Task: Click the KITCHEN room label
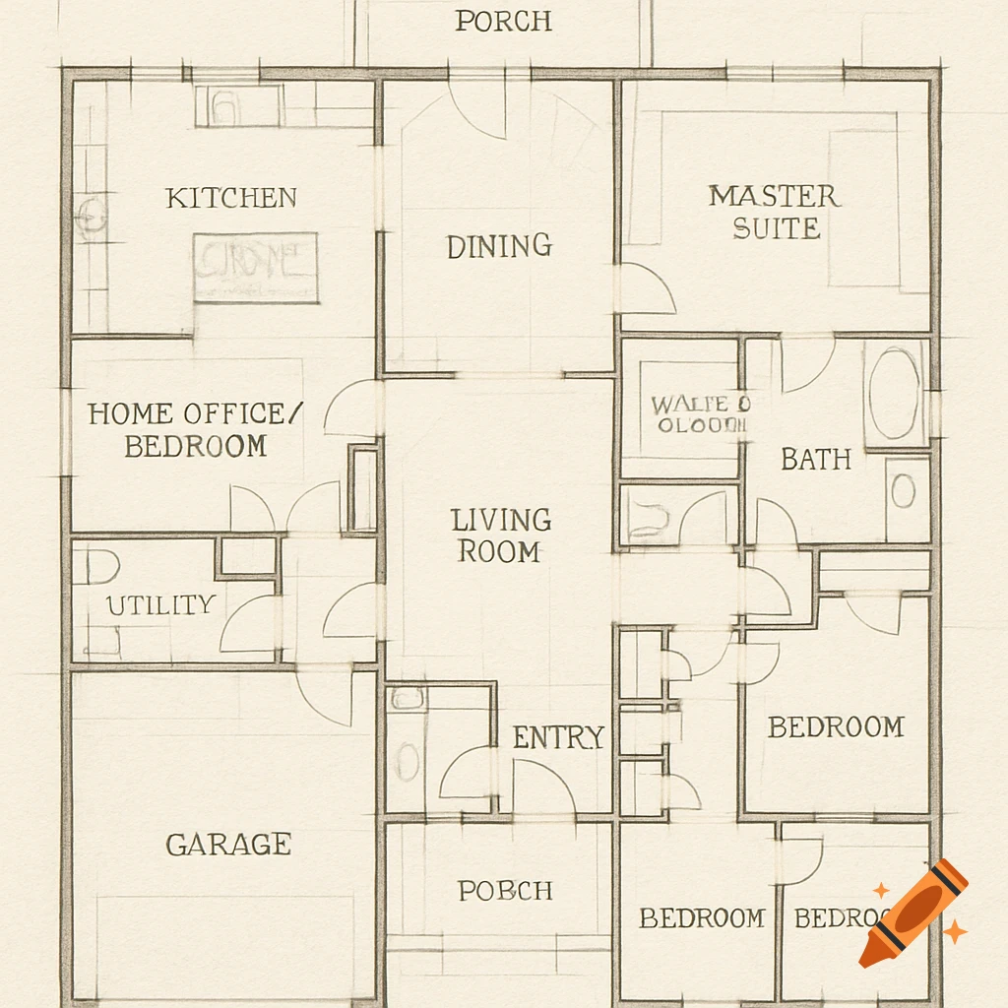230,198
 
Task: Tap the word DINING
499,246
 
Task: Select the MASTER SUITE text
775,212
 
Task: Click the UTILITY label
160,605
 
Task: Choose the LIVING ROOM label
500,535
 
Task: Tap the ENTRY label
558,737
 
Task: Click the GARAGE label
228,845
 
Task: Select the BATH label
816,459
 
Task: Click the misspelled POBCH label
505,891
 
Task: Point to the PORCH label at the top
503,22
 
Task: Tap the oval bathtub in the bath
895,393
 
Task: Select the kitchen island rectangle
256,267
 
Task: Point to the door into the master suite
645,288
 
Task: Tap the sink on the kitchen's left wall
91,215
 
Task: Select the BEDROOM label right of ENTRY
835,727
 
